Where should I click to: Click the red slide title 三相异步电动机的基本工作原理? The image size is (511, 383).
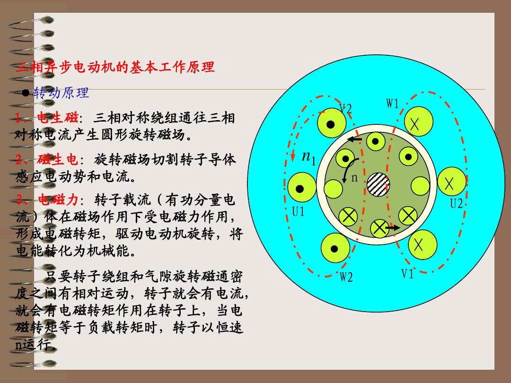(x=115, y=67)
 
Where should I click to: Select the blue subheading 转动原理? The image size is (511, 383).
(x=61, y=93)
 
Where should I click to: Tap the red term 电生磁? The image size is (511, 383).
(x=57, y=118)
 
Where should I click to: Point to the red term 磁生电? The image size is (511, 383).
(x=57, y=159)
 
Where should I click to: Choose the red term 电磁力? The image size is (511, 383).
(x=58, y=200)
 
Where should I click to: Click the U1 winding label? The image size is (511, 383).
(x=298, y=212)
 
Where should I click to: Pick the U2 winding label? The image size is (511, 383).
(x=456, y=203)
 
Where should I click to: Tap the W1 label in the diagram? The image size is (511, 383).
(x=392, y=104)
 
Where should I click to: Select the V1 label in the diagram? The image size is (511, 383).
(x=407, y=274)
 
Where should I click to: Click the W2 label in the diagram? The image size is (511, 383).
(x=346, y=277)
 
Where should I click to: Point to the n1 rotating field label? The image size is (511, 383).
(x=308, y=157)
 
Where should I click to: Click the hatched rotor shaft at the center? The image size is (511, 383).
(x=379, y=184)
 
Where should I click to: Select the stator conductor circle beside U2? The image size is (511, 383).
(x=452, y=182)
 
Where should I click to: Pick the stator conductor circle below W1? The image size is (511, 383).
(x=418, y=122)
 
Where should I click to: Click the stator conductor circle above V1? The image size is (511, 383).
(x=423, y=245)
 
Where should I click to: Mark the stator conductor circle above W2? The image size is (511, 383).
(x=335, y=248)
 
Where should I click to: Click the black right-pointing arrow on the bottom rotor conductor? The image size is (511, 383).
(x=393, y=227)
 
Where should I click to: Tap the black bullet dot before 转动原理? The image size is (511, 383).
(x=26, y=93)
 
